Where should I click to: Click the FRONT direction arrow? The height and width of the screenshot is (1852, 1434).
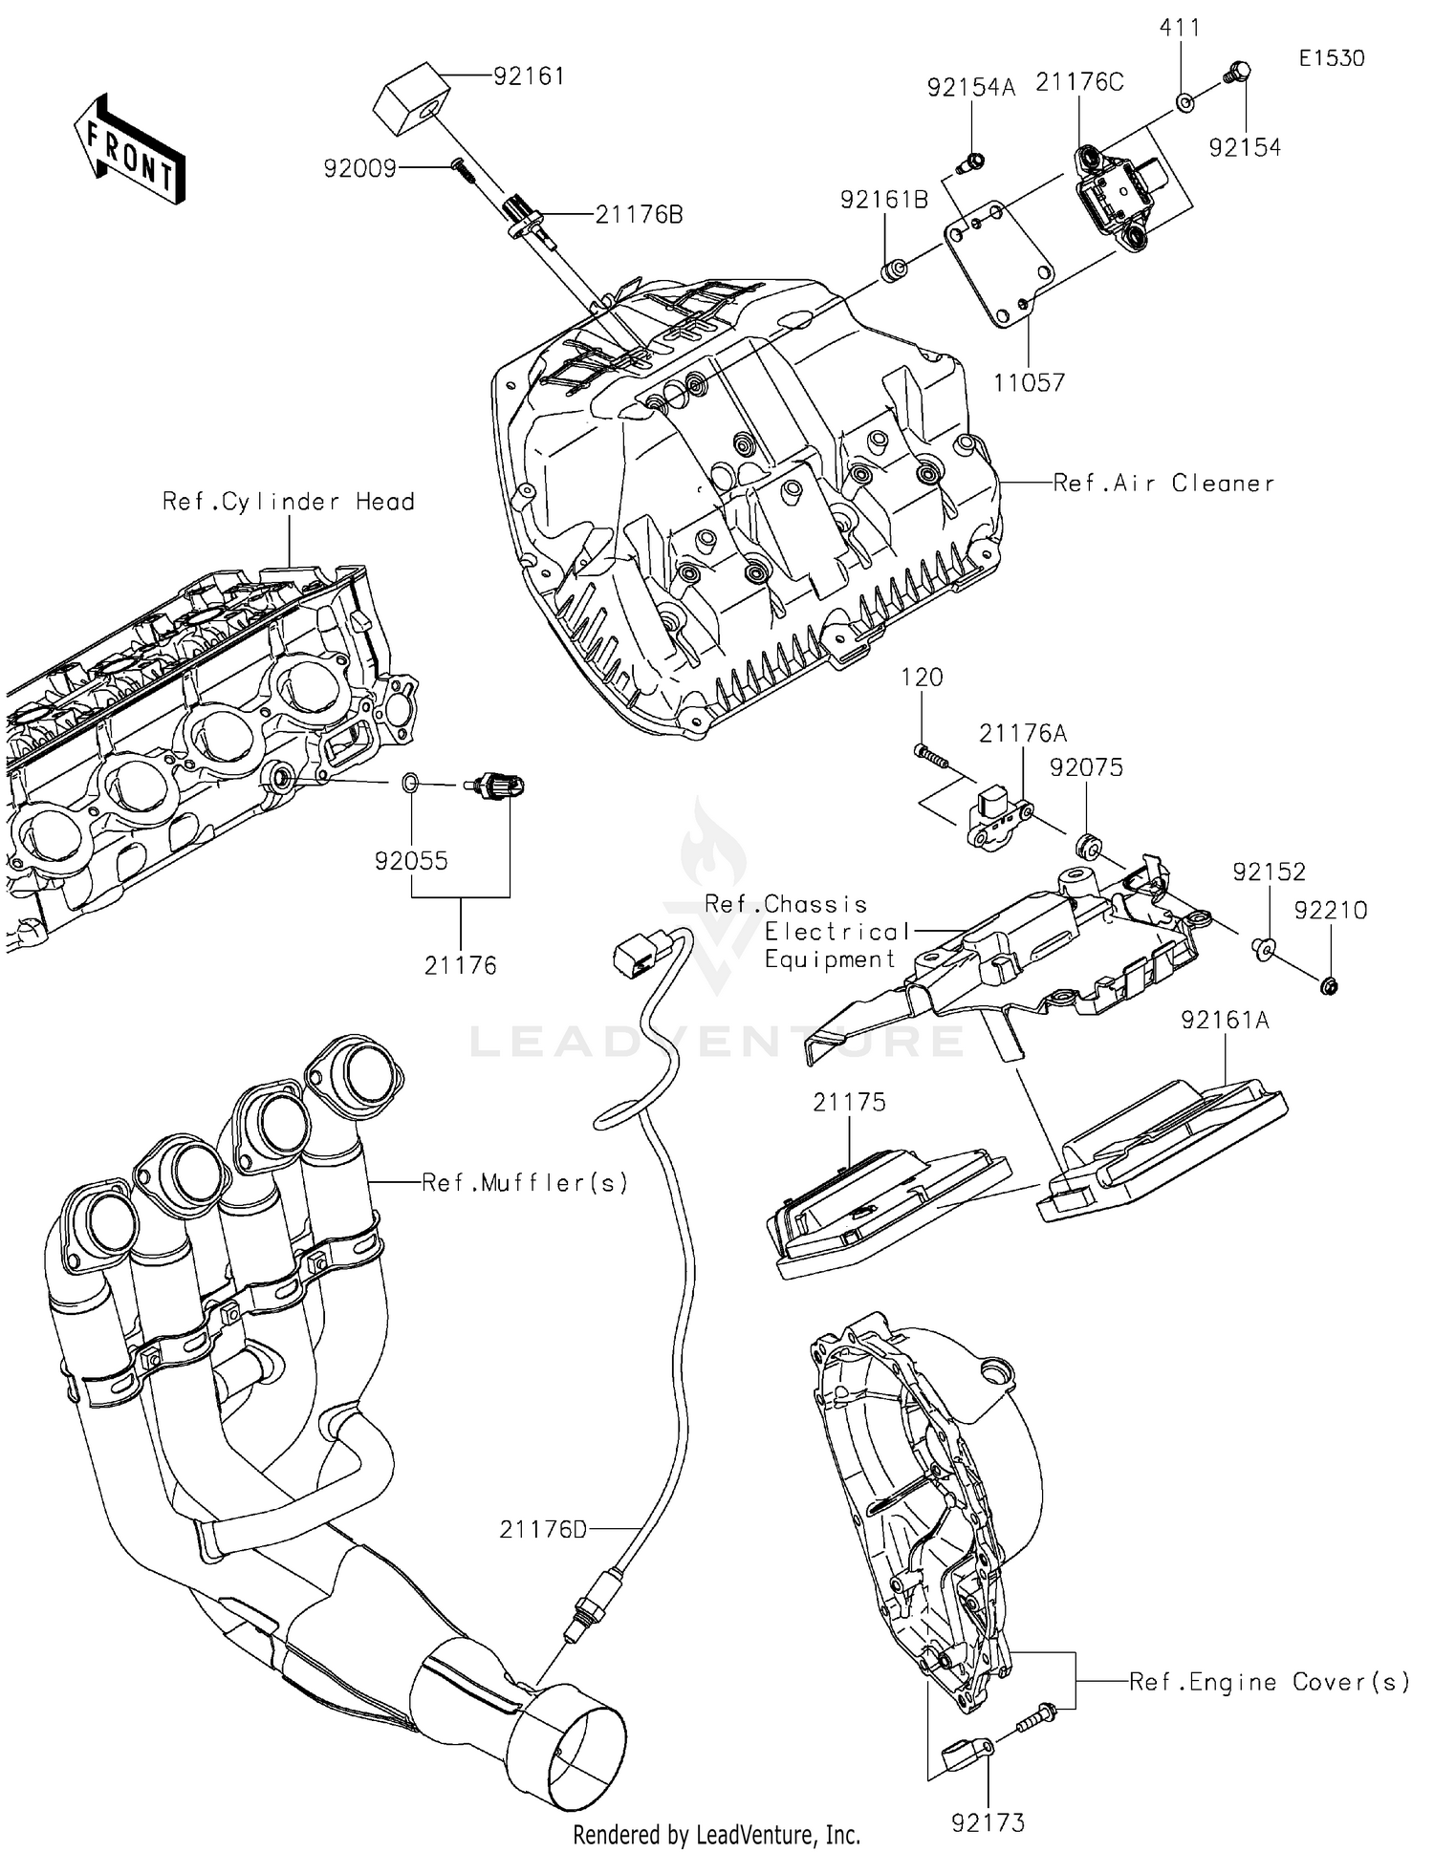pyautogui.click(x=130, y=150)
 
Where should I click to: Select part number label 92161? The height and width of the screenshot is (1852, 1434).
pyautogui.click(x=529, y=76)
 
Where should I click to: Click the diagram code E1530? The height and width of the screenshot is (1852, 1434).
pyautogui.click(x=1332, y=58)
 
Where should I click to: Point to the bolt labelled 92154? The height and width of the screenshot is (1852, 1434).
pyautogui.click(x=1238, y=72)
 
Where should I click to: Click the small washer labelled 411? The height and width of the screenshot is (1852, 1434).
pyautogui.click(x=1184, y=100)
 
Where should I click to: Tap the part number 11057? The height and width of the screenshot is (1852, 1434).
pyautogui.click(x=1029, y=383)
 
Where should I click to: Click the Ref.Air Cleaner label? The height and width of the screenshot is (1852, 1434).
pyautogui.click(x=1163, y=484)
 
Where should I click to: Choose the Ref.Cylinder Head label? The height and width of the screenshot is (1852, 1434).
pyautogui.click(x=288, y=502)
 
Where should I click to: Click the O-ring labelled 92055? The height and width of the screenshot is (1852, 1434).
pyautogui.click(x=409, y=785)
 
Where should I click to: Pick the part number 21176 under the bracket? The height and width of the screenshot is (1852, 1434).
pyautogui.click(x=461, y=966)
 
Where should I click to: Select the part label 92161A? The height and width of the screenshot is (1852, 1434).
pyautogui.click(x=1225, y=1021)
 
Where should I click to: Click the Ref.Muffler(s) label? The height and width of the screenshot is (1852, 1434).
pyautogui.click(x=525, y=1183)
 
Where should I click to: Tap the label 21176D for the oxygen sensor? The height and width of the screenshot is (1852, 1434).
pyautogui.click(x=543, y=1530)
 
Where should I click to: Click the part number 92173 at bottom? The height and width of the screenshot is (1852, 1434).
pyautogui.click(x=988, y=1823)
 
